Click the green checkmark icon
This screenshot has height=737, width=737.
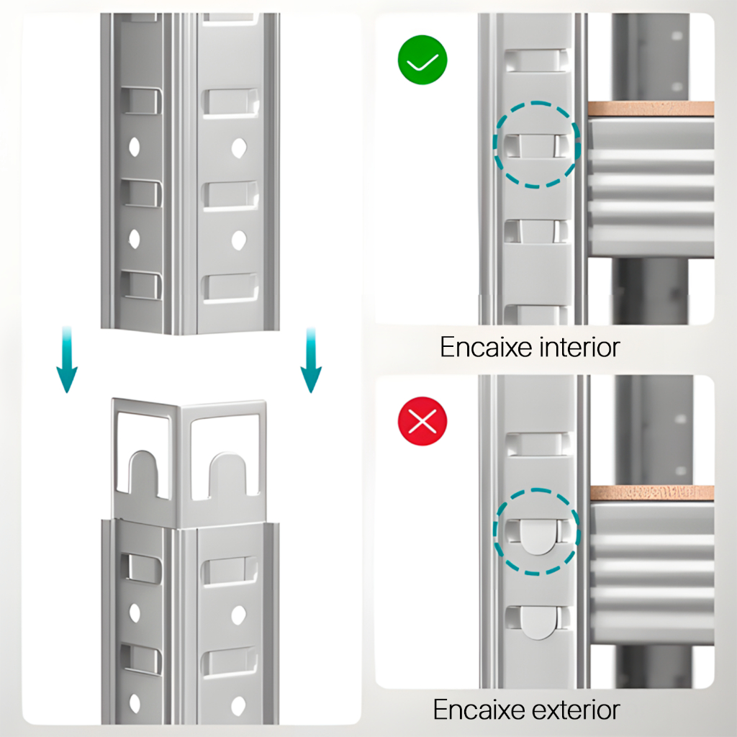(422, 60)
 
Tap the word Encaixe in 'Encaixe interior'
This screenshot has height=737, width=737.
(486, 348)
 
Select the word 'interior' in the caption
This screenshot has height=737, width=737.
(579, 348)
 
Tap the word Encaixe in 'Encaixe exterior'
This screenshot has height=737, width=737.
(480, 710)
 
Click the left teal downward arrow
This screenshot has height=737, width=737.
(67, 360)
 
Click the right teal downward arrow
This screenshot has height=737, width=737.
(311, 360)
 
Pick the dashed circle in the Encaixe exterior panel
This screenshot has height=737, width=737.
(536, 532)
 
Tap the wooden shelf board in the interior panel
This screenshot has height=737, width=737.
(651, 109)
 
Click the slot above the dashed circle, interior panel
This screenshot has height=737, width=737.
(536, 61)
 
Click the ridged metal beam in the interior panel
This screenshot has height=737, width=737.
(651, 187)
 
